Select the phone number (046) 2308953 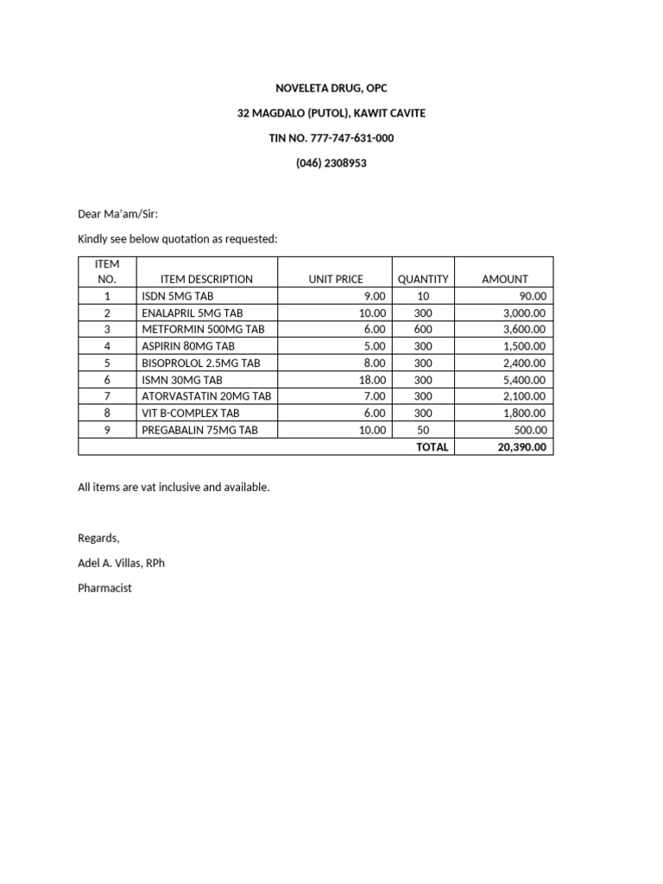[331, 163]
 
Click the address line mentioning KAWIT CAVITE [331, 113]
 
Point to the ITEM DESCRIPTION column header [206, 279]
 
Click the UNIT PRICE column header [336, 279]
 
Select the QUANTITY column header [423, 279]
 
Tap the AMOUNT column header [504, 279]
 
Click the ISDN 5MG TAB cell [177, 296]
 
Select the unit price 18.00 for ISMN [372, 380]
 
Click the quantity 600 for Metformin [423, 330]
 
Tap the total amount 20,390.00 [521, 447]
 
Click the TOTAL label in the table [433, 447]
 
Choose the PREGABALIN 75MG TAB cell [199, 430]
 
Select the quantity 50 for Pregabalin [423, 430]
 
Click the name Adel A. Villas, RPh [121, 563]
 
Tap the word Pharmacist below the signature [104, 588]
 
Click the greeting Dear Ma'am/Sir [118, 214]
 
